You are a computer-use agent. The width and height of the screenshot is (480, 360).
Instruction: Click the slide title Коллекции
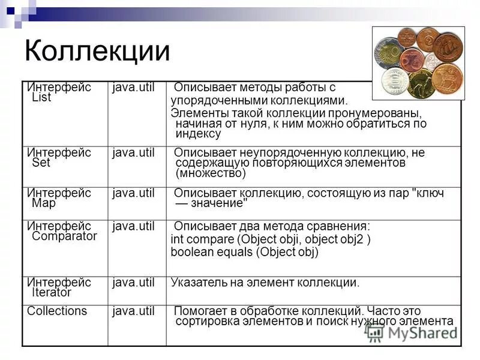97,51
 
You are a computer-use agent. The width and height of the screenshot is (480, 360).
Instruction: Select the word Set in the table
41,163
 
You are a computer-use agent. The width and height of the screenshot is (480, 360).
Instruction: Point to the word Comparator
64,236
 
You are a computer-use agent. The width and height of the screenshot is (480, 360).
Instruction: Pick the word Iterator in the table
51,293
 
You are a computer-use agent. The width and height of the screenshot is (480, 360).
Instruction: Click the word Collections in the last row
57,311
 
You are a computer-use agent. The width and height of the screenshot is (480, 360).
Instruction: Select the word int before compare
176,239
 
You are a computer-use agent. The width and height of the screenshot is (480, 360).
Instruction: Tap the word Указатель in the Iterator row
197,282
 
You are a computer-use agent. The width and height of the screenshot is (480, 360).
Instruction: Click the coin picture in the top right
418,62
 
